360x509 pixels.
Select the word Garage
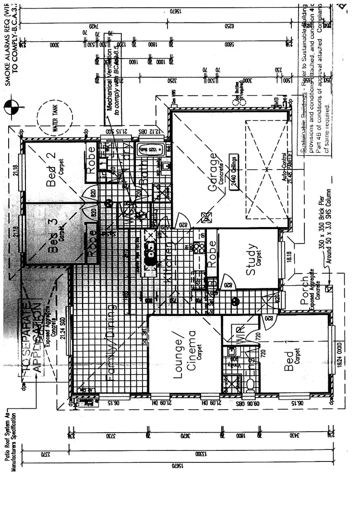coord(212,173)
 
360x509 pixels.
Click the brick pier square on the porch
coord(330,288)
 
